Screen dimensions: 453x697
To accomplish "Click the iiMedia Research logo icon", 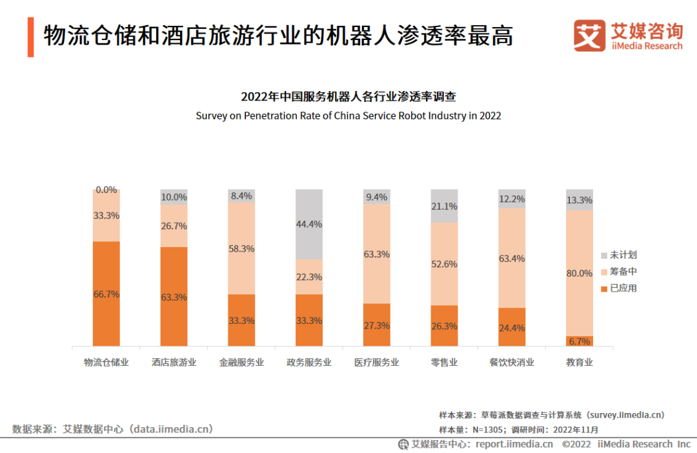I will [589, 36].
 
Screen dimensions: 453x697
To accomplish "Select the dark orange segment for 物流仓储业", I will [106, 294].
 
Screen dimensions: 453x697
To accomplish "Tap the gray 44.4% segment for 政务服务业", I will [309, 224].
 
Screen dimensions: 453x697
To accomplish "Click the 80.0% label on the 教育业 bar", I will [579, 273].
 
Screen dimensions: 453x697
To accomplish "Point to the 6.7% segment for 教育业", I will [579, 341].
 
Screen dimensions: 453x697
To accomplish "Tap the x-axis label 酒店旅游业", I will [174, 363].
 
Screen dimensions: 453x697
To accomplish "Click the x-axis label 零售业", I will [444, 363].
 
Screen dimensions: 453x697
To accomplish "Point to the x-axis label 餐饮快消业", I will [512, 363].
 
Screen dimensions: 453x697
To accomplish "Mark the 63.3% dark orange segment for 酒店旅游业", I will [174, 297].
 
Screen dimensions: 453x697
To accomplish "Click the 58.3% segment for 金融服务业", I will [241, 248].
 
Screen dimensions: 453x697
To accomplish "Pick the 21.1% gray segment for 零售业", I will [444, 206].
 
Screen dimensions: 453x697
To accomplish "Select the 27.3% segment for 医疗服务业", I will [377, 325].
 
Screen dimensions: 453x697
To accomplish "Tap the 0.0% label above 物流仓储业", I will [106, 190].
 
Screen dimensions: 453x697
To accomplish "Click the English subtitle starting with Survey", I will [348, 116].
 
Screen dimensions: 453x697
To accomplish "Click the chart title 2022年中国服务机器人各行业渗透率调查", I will [348, 97].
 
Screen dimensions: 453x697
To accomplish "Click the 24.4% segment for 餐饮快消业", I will [512, 327].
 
